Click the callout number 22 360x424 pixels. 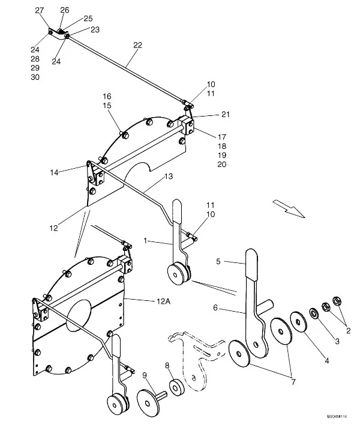[x=138, y=46]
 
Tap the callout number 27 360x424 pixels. [x=40, y=11]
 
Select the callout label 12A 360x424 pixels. [x=164, y=302]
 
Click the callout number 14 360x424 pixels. [x=56, y=172]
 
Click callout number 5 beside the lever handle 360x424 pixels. [x=219, y=262]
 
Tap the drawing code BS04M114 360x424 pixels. [x=338, y=416]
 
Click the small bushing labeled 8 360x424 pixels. [x=177, y=388]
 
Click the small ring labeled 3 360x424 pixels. [x=313, y=313]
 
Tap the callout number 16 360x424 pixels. [x=107, y=96]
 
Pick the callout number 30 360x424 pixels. [x=35, y=77]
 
